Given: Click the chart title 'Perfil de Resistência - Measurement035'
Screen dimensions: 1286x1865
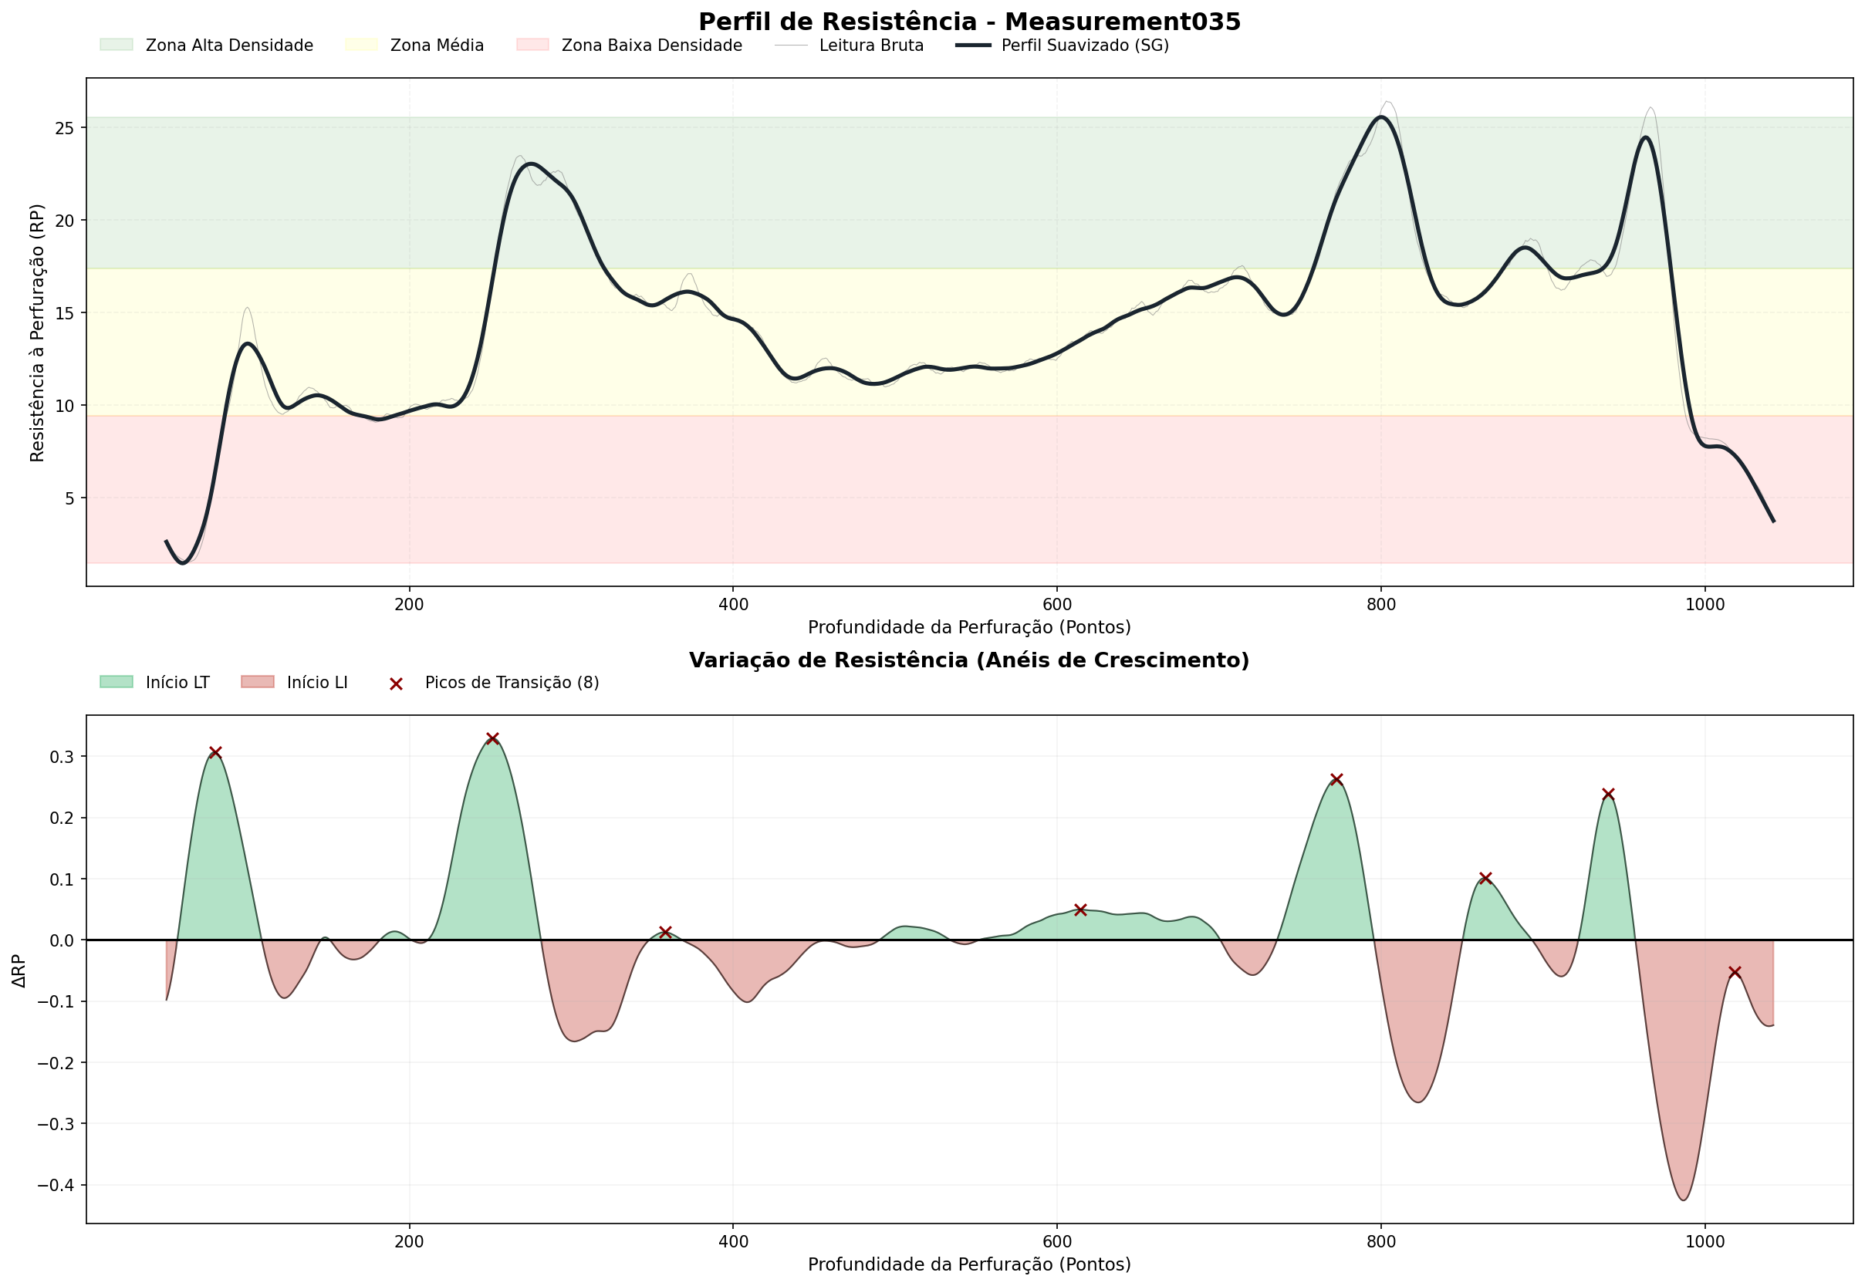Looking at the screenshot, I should click(x=969, y=22).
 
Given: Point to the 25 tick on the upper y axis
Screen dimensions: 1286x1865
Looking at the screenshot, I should click(x=65, y=129).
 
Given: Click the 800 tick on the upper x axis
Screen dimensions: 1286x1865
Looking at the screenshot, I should click(x=1380, y=605).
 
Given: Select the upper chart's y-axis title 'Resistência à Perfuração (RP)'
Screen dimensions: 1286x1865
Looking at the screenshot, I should click(x=37, y=332).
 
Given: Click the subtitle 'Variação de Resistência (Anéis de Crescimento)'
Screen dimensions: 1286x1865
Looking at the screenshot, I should click(x=969, y=660).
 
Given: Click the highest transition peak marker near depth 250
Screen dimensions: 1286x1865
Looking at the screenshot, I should click(x=492, y=738).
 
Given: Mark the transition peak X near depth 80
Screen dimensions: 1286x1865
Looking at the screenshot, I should click(x=215, y=753).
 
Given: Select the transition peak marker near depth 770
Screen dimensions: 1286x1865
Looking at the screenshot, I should click(x=1336, y=779).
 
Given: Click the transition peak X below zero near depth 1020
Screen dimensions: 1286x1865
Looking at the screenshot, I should click(x=1735, y=973).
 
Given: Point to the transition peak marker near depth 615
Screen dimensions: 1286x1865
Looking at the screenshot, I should click(x=1081, y=910).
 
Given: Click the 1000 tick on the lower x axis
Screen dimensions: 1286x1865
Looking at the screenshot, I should click(x=1705, y=1242).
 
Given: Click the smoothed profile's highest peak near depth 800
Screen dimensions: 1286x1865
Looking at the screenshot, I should click(x=1380, y=116).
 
